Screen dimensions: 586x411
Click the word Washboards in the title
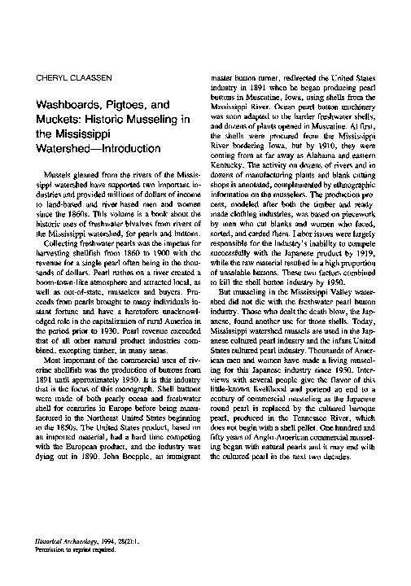coord(68,105)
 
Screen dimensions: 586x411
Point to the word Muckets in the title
coord(56,120)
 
